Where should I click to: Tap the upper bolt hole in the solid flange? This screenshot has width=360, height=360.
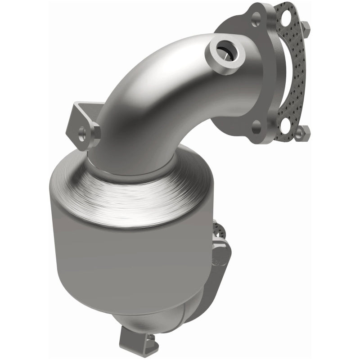click(256, 18)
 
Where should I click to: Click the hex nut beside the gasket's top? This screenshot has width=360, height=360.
click(306, 27)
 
